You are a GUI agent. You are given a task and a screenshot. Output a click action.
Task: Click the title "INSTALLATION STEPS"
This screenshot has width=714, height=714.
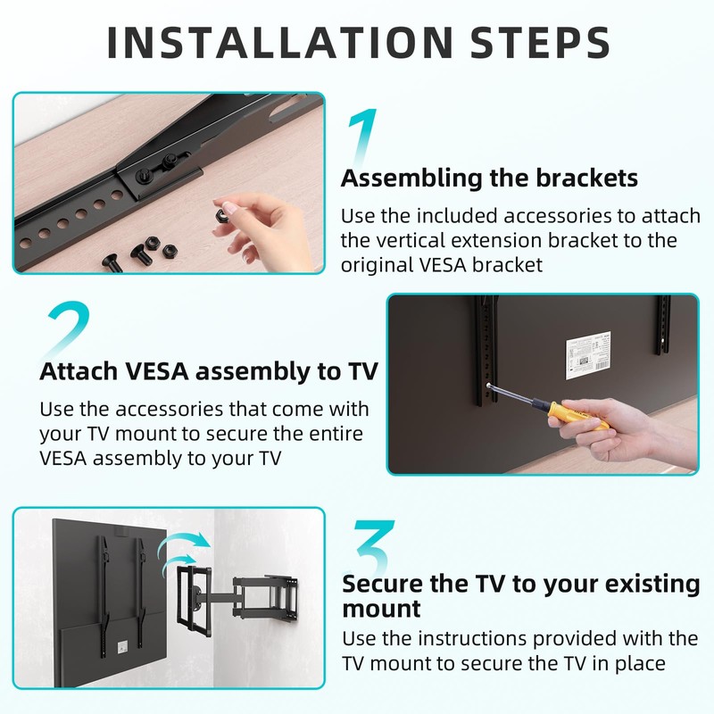point(357,42)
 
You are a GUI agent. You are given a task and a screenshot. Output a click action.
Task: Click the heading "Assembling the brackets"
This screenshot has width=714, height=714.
point(489,178)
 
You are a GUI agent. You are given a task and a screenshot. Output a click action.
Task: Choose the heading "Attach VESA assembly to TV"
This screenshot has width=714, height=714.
point(208,371)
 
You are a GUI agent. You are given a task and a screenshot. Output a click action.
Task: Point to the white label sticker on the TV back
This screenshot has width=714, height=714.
point(589,360)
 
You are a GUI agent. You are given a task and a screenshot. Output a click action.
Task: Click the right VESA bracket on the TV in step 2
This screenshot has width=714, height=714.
point(662,325)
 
